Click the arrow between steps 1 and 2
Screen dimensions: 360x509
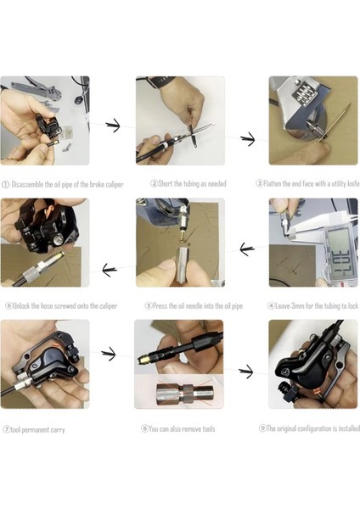pos(113,126)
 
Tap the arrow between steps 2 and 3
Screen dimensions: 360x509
pos(248,139)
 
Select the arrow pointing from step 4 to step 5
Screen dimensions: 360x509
pos(247,249)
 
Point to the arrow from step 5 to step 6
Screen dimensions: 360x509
pos(110,270)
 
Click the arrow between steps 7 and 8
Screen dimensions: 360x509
pos(108,354)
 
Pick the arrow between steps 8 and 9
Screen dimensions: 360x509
pos(245,372)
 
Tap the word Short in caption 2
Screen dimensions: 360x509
pos(166,184)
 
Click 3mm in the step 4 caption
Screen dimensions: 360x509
pos(298,305)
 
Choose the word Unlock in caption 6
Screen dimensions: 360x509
pos(21,305)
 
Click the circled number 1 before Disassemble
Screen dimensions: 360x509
pos(6,185)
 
